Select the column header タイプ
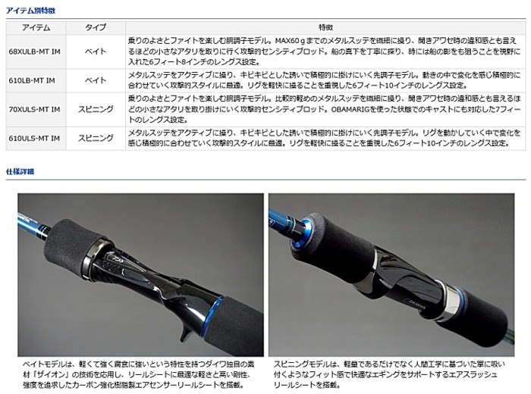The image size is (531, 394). tap(95, 26)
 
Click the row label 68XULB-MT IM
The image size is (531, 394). tap(35, 52)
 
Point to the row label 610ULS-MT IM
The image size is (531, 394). tap(34, 136)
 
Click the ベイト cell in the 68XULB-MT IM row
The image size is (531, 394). tap(95, 52)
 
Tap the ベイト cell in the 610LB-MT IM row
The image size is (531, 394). tap(95, 79)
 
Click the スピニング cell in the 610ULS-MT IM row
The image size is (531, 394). tap(95, 136)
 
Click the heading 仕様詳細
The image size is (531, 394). tap(20, 172)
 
